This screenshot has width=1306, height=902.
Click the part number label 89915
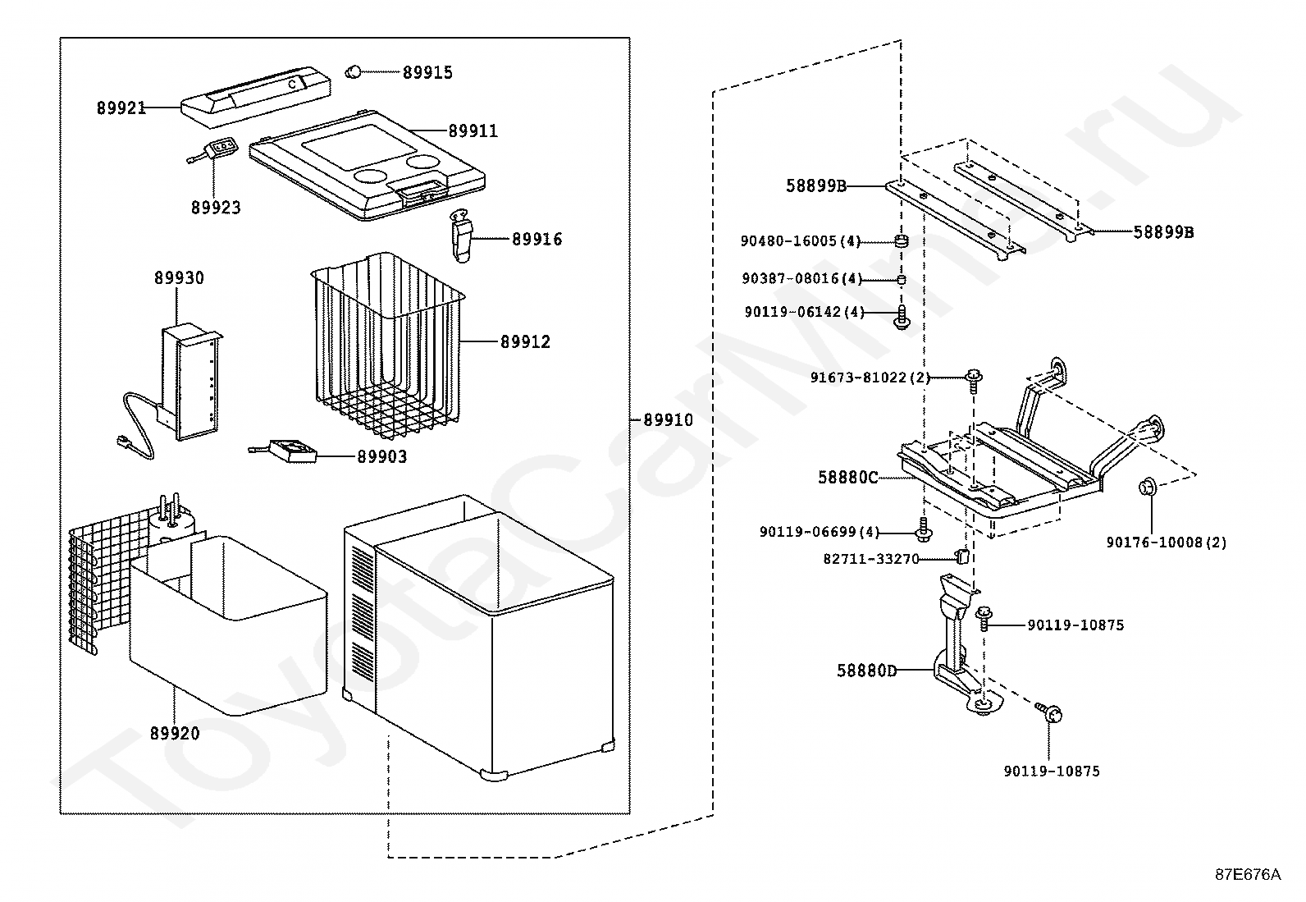(x=427, y=72)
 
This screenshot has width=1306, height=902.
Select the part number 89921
(x=121, y=108)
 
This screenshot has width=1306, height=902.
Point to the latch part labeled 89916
(x=462, y=236)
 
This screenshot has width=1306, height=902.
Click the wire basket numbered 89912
(x=386, y=345)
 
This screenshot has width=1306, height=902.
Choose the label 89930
(x=179, y=278)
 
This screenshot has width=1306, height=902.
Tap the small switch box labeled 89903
(x=293, y=451)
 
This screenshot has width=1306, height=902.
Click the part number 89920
(x=174, y=733)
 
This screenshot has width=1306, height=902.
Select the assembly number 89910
(x=668, y=420)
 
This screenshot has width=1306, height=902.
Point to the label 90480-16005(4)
(x=801, y=241)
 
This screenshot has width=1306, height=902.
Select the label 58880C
(x=847, y=477)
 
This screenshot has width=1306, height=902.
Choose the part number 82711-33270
(x=870, y=559)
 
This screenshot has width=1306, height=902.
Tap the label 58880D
(x=866, y=671)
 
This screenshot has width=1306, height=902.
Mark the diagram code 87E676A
(x=1247, y=874)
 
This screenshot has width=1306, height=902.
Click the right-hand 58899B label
(x=1163, y=232)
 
